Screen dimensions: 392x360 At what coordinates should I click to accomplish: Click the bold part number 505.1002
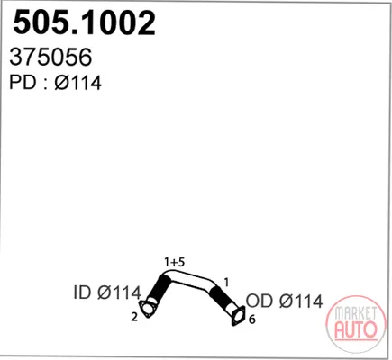pos(84,22)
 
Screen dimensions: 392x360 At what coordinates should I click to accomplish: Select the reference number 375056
pos(50,58)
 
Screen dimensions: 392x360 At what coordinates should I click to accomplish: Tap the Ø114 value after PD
pos(78,82)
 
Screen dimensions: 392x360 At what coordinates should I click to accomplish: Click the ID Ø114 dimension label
pos(107,292)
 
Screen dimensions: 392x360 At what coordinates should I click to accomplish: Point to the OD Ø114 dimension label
pos(284,301)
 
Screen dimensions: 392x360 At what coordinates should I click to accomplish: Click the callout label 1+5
pos(174,262)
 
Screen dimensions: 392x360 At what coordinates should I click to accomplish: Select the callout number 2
pos(134,317)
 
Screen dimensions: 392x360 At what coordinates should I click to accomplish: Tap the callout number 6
pos(252,319)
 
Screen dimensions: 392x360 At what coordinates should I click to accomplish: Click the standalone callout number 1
pos(226,283)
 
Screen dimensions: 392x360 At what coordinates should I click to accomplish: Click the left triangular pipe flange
pos(147,309)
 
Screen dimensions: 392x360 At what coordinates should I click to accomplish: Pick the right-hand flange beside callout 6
pos(238,316)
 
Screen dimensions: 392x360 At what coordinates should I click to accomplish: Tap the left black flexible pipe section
pos(158,288)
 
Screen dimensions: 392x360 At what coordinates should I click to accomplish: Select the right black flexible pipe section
pos(219,296)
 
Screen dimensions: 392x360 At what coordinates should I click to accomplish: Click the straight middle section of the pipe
pos(192,279)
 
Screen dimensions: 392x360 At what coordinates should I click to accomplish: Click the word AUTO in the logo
pos(355,329)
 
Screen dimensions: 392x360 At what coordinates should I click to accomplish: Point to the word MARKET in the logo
pos(356,313)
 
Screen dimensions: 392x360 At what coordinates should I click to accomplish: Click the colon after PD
pos(46,85)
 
